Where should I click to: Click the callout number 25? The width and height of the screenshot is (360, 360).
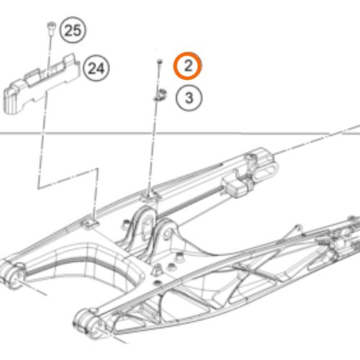click(x=73, y=30)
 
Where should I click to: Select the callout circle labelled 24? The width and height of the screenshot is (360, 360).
click(x=96, y=68)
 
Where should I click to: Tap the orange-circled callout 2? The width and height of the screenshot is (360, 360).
click(x=188, y=66)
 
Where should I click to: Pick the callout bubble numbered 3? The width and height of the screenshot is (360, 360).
click(x=189, y=98)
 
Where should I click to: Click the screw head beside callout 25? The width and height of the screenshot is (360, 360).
click(x=51, y=25)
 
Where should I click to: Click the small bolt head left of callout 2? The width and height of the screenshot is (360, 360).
click(x=160, y=62)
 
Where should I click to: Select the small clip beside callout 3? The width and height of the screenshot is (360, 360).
click(x=160, y=95)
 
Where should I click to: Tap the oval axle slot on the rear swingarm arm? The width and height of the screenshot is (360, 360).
click(x=265, y=171)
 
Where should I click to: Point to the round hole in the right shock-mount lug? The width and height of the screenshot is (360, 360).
click(x=168, y=235)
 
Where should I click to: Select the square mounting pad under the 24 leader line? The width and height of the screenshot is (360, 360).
click(x=90, y=224)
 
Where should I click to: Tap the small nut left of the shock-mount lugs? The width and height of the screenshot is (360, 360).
click(x=125, y=224)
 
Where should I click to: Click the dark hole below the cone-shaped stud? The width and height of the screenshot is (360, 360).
click(x=157, y=282)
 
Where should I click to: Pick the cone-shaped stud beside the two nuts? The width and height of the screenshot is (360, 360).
click(x=157, y=270)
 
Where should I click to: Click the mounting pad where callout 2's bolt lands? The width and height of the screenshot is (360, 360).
click(x=149, y=197)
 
